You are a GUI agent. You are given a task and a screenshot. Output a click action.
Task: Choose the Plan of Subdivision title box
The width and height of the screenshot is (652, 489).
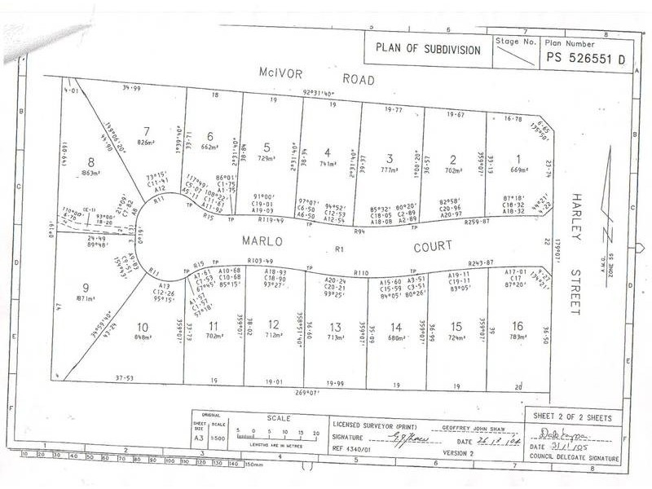[429, 48]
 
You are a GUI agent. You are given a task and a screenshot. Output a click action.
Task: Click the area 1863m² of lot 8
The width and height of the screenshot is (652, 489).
[90, 174]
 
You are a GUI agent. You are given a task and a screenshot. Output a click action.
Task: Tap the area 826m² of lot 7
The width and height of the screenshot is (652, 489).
[147, 143]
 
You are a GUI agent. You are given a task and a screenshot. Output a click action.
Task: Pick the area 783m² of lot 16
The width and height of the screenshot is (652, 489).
[518, 337]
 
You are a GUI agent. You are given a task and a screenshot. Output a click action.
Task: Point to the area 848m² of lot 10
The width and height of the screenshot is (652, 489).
[143, 337]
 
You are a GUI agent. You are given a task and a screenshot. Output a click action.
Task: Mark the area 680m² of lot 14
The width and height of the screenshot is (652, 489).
[397, 337]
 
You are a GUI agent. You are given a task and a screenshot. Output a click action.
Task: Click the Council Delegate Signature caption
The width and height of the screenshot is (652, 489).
[572, 459]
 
